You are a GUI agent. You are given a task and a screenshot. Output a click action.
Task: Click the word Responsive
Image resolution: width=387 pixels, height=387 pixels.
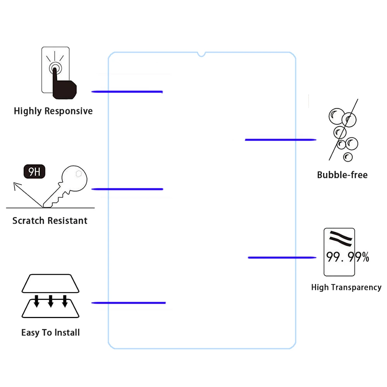coord(68,111)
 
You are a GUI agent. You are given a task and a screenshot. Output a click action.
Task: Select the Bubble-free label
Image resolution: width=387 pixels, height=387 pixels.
coord(342,175)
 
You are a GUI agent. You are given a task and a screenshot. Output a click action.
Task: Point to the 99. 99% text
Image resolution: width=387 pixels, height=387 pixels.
coord(347,257)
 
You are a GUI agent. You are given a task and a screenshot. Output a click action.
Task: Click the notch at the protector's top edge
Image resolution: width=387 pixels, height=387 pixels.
coord(201,54)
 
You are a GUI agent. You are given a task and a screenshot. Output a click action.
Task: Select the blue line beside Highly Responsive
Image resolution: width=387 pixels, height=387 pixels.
coord(127,92)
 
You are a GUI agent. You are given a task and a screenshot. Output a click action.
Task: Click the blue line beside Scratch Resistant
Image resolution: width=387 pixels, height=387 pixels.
coord(127,189)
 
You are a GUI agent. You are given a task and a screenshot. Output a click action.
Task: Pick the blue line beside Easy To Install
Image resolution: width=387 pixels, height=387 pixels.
coord(128,303)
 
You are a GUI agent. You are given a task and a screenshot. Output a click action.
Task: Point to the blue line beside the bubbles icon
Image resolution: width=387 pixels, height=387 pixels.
coord(281,140)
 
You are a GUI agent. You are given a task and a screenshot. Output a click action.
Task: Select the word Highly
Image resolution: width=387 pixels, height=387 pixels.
coord(27,111)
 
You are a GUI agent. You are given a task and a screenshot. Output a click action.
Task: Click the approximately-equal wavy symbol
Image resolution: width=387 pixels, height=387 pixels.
coord(341,238)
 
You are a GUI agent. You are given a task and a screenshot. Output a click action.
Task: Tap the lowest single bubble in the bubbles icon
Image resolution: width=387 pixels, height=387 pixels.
coord(348,157)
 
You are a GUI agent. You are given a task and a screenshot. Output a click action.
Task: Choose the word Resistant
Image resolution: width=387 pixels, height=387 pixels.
coord(68,221)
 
